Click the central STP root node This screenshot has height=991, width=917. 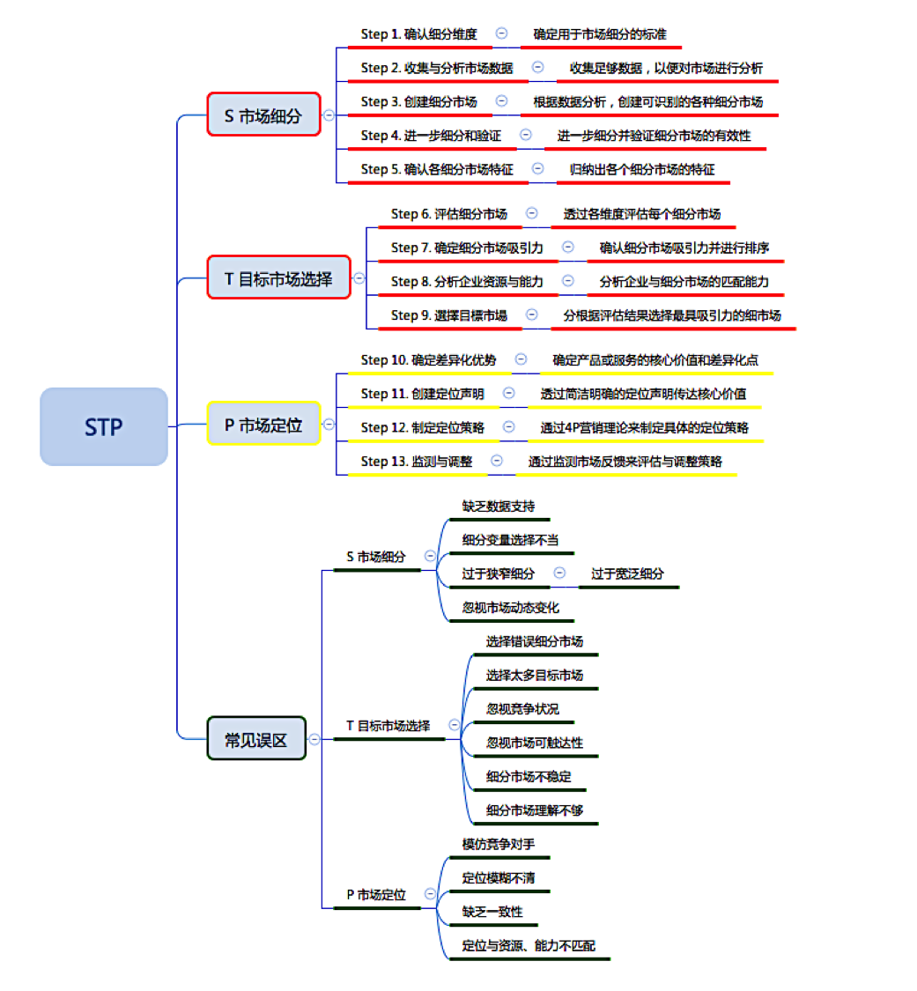tap(104, 426)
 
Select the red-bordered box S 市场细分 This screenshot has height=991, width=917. tap(263, 115)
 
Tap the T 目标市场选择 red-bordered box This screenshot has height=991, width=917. tap(278, 279)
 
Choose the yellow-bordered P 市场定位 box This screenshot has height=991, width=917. tap(263, 425)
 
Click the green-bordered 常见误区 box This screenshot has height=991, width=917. tap(256, 739)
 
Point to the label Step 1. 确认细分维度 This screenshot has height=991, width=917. tap(418, 34)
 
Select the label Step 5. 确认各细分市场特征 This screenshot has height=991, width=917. tap(437, 168)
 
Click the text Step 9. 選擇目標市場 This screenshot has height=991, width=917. tap(449, 315)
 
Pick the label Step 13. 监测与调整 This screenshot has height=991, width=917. tap(417, 461)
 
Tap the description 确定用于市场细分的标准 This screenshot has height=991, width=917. tap(600, 34)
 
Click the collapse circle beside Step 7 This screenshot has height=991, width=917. tap(568, 248)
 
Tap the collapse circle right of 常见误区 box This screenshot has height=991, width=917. tap(314, 740)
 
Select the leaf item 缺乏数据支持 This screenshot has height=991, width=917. tap(499, 507)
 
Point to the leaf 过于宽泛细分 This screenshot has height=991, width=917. tap(628, 573)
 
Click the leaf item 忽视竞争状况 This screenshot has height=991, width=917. tap(522, 708)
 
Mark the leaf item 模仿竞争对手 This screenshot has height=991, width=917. tap(499, 844)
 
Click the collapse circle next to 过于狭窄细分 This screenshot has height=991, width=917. tap(559, 573)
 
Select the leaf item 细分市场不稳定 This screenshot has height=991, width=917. tap(529, 777)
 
